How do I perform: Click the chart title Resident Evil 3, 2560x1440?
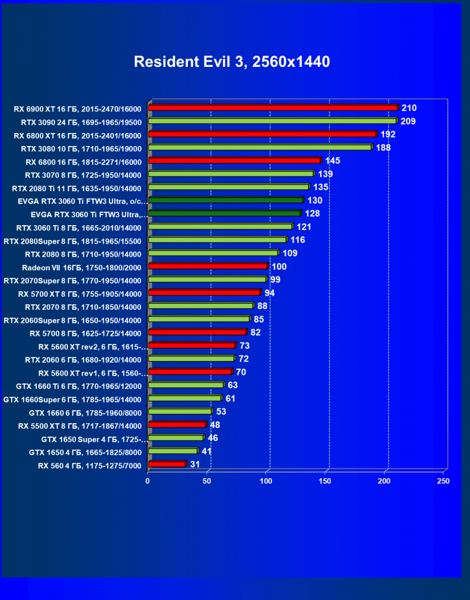pyautogui.click(x=231, y=62)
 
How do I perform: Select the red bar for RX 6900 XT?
pyautogui.click(x=273, y=108)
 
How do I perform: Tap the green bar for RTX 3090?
pyautogui.click(x=272, y=121)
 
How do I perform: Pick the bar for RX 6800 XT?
pyautogui.click(x=262, y=134)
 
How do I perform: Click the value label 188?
pyautogui.click(x=383, y=147)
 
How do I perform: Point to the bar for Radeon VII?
pyautogui.click(x=208, y=267)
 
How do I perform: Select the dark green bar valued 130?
pyautogui.click(x=226, y=200)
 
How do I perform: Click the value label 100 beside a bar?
pyautogui.click(x=279, y=266)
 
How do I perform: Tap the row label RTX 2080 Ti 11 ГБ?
pyautogui.click(x=77, y=188)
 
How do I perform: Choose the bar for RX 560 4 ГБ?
pyautogui.click(x=167, y=464)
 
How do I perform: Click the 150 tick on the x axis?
pyautogui.click(x=325, y=481)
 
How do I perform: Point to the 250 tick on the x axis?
pyautogui.click(x=443, y=481)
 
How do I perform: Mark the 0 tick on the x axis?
pyautogui.click(x=148, y=481)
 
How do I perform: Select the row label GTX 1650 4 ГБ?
pyautogui.click(x=85, y=452)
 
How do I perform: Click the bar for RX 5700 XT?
pyautogui.click(x=205, y=293)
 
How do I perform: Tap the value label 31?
pyautogui.click(x=195, y=464)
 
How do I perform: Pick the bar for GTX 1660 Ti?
pyautogui.click(x=186, y=385)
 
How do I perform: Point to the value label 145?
pyautogui.click(x=333, y=161)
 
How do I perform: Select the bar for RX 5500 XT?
pyautogui.click(x=177, y=425)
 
